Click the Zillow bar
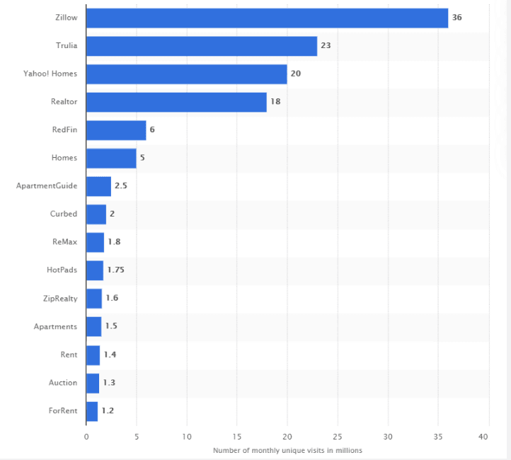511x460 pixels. tap(267, 18)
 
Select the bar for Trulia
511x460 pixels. tap(202, 46)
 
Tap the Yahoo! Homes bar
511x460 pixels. tap(186, 74)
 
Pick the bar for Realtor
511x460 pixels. tap(176, 102)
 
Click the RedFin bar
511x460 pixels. tap(116, 130)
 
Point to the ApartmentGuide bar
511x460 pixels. tap(98, 186)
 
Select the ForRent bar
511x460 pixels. tap(92, 410)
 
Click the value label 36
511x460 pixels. tap(457, 17)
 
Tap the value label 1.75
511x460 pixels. tap(115, 270)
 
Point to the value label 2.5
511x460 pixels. tap(120, 186)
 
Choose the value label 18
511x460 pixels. tap(275, 102)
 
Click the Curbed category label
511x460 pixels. tap(63, 214)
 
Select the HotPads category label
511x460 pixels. tap(62, 270)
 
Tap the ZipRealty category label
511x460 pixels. tap(60, 298)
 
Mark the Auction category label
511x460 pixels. tap(63, 382)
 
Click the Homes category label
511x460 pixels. tap(64, 158)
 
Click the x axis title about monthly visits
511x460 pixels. tap(287, 450)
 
